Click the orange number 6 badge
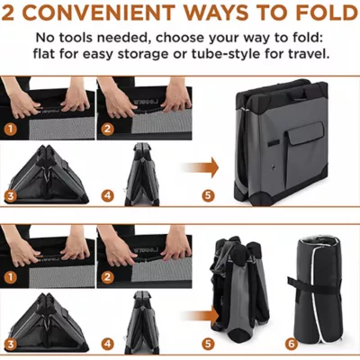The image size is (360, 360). (x=291, y=343)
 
